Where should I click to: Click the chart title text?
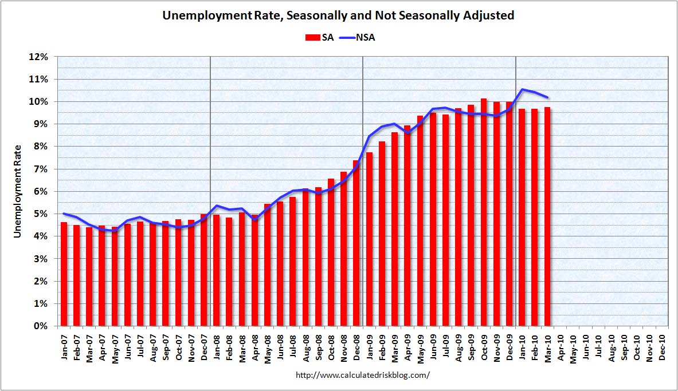[x=338, y=15]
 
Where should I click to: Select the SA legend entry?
[x=319, y=38]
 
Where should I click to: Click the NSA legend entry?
[x=358, y=38]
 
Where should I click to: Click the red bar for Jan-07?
[x=64, y=274]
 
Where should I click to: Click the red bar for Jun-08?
[x=280, y=264]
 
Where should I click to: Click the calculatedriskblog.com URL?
[x=363, y=375]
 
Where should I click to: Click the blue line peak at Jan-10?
[x=522, y=89]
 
